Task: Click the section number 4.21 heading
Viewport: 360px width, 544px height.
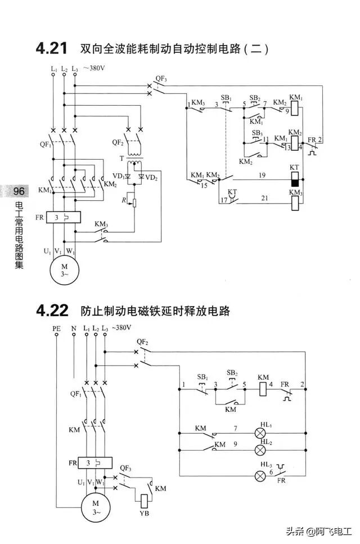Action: tap(53, 49)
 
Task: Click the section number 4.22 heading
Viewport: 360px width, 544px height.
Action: tap(53, 310)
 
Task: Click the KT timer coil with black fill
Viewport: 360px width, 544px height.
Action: tap(294, 179)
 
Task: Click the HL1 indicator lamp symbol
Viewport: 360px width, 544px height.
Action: tap(260, 434)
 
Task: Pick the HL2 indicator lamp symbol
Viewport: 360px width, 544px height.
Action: tap(260, 450)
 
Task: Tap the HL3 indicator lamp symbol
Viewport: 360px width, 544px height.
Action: tap(260, 476)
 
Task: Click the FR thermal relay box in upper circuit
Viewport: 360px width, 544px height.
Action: tap(64, 217)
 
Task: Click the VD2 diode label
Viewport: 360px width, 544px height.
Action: tap(152, 178)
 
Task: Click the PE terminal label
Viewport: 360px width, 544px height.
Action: tap(56, 328)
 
